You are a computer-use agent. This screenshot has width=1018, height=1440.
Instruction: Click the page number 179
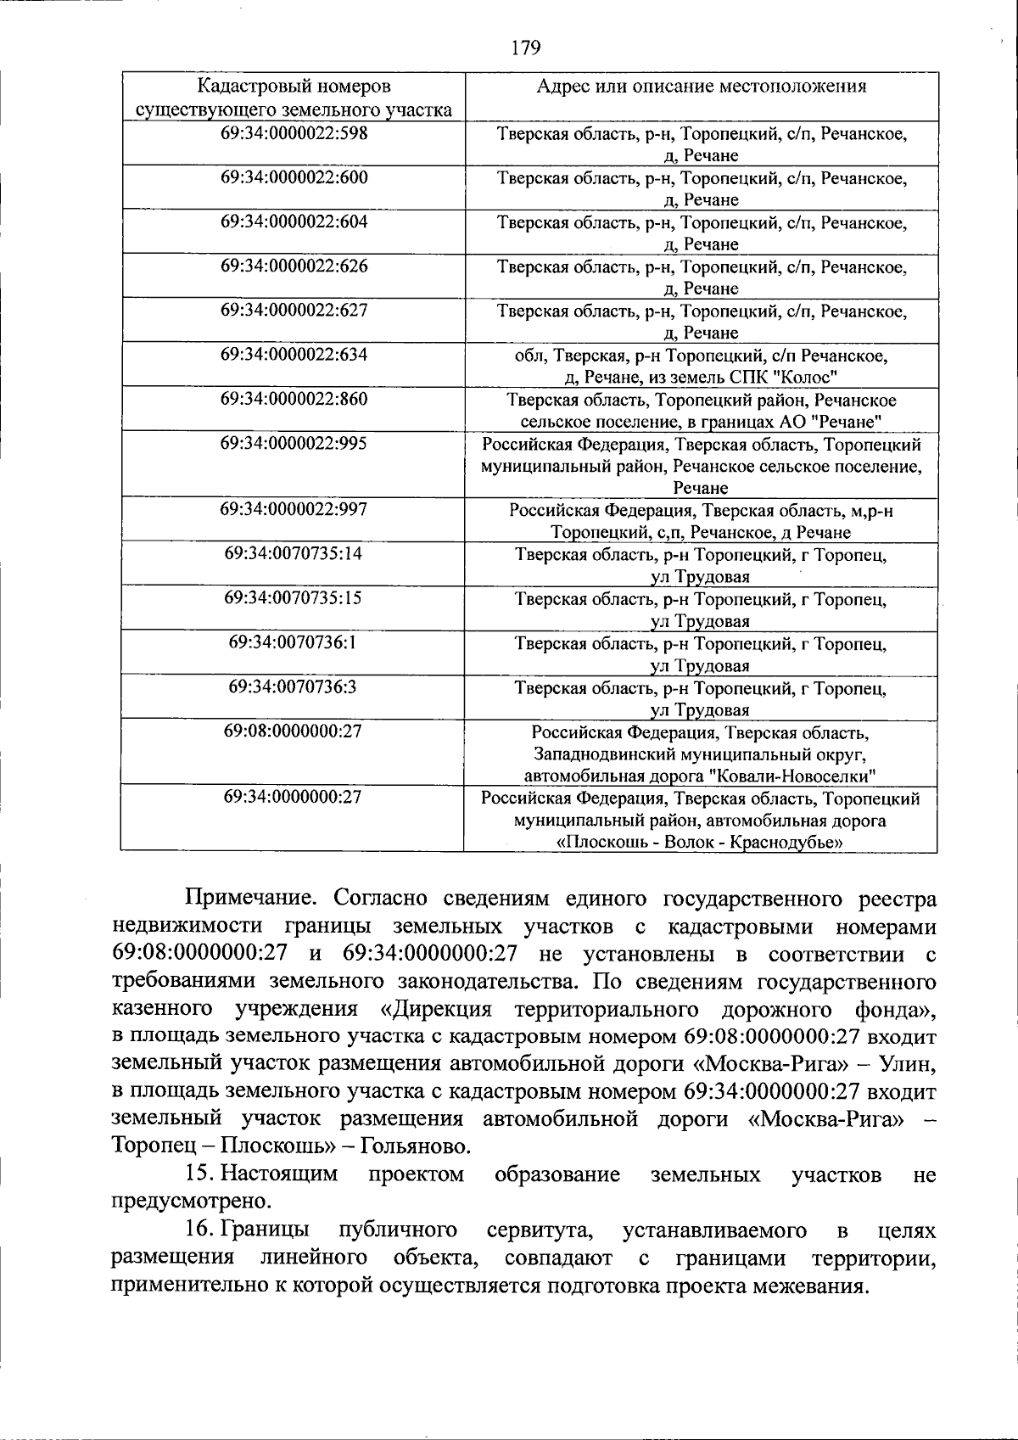point(526,48)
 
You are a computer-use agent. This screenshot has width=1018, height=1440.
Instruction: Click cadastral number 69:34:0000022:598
point(294,133)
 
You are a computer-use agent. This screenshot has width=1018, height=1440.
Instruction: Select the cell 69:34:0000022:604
point(294,221)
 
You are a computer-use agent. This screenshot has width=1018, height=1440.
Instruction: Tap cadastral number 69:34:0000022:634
point(294,354)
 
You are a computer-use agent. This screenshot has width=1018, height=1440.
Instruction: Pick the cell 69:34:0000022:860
point(294,399)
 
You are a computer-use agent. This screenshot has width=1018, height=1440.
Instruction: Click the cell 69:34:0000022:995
point(294,443)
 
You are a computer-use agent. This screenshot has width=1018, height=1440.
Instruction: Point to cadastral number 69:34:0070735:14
point(294,553)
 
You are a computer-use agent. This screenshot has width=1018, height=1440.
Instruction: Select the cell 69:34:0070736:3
point(294,686)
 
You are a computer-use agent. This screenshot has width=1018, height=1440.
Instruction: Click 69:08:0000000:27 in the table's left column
point(294,731)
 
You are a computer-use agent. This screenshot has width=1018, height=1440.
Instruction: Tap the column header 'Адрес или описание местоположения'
point(702,86)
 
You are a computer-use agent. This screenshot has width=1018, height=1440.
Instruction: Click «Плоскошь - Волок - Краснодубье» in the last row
point(700,843)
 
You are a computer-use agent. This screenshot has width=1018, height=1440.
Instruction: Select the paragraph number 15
point(198,1174)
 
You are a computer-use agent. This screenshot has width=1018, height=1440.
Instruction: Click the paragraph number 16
point(198,1230)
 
